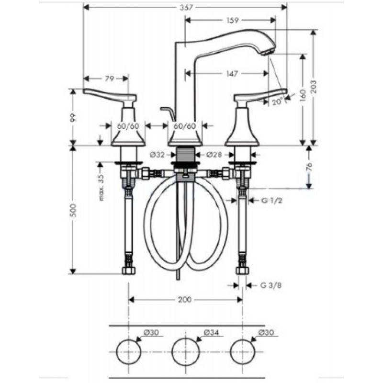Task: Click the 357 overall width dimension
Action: pyautogui.click(x=186, y=7)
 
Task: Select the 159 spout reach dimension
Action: pyautogui.click(x=232, y=20)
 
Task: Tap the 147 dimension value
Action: pyautogui.click(x=232, y=73)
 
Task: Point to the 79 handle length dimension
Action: pyautogui.click(x=110, y=79)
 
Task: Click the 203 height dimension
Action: pyautogui.click(x=314, y=87)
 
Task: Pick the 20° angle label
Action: pyautogui.click(x=277, y=101)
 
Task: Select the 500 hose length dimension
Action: pyautogui.click(x=73, y=210)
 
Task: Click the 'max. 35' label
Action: pyautogui.click(x=101, y=187)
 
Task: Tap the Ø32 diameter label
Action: pyautogui.click(x=158, y=155)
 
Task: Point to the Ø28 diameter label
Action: pyautogui.click(x=214, y=155)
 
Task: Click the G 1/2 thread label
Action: pyautogui.click(x=272, y=201)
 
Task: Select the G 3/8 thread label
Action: pyautogui.click(x=271, y=285)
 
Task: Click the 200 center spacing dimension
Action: pyautogui.click(x=185, y=300)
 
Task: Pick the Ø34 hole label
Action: pyautogui.click(x=211, y=332)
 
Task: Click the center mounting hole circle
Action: pyautogui.click(x=185, y=352)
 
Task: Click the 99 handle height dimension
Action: pyautogui.click(x=73, y=117)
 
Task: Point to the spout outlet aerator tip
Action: pyautogui.click(x=267, y=53)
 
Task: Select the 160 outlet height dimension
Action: pyautogui.click(x=303, y=96)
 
